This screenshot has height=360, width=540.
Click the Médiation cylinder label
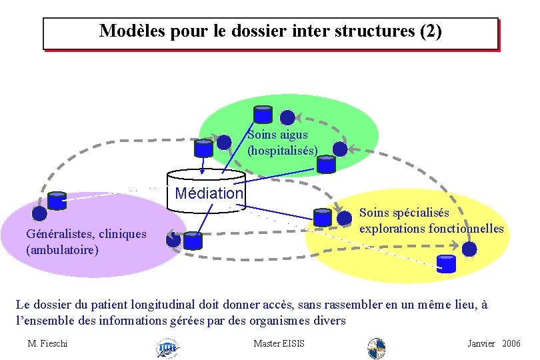coord(209,193)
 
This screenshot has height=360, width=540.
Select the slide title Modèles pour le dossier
coord(270,31)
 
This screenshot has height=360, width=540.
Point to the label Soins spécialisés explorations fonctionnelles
coord(431,221)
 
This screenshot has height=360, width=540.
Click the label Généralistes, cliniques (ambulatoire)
coord(85,242)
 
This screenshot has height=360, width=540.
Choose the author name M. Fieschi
coord(48,343)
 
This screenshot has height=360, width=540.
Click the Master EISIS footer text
coord(279,343)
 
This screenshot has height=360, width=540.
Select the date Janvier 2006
coord(493,343)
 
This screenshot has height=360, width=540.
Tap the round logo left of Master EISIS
coord(166,347)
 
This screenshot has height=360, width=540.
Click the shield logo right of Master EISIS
coord(377,347)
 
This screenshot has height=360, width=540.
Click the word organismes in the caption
coord(287,321)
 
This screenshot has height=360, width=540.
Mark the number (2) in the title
coord(430,31)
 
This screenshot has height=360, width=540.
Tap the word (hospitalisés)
coord(282,151)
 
